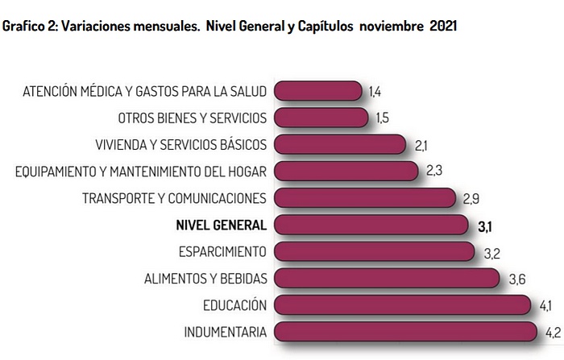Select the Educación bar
tap(402, 305)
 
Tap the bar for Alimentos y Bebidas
tap(388, 279)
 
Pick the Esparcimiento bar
tap(375, 252)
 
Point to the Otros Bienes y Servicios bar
tap(321, 118)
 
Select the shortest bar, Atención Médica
tap(318, 91)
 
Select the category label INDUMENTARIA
tap(225, 332)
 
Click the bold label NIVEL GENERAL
tap(221, 225)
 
